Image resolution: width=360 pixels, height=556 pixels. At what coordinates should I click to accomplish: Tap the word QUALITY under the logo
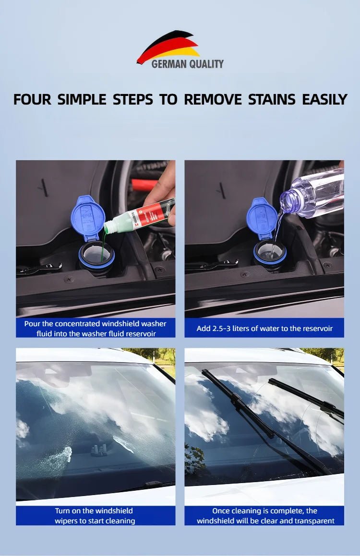(206, 64)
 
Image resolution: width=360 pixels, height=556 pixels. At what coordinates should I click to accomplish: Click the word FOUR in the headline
(32, 99)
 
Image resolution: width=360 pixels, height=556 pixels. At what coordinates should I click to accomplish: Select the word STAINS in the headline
(271, 99)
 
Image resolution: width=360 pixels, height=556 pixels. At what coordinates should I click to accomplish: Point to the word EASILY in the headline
(324, 99)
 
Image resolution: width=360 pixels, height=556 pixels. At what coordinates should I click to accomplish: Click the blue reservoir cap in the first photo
(88, 217)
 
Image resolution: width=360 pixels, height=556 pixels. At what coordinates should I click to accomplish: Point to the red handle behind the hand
(144, 185)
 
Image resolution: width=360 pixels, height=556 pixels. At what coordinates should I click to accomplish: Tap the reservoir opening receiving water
(270, 252)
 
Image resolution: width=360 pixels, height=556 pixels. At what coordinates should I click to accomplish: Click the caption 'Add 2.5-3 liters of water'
(264, 328)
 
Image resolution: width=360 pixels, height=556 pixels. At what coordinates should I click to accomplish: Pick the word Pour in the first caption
(32, 324)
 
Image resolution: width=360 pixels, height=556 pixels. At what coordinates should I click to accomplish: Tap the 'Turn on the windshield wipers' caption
(95, 516)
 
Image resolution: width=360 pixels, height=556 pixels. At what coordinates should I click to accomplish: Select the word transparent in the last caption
(313, 521)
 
